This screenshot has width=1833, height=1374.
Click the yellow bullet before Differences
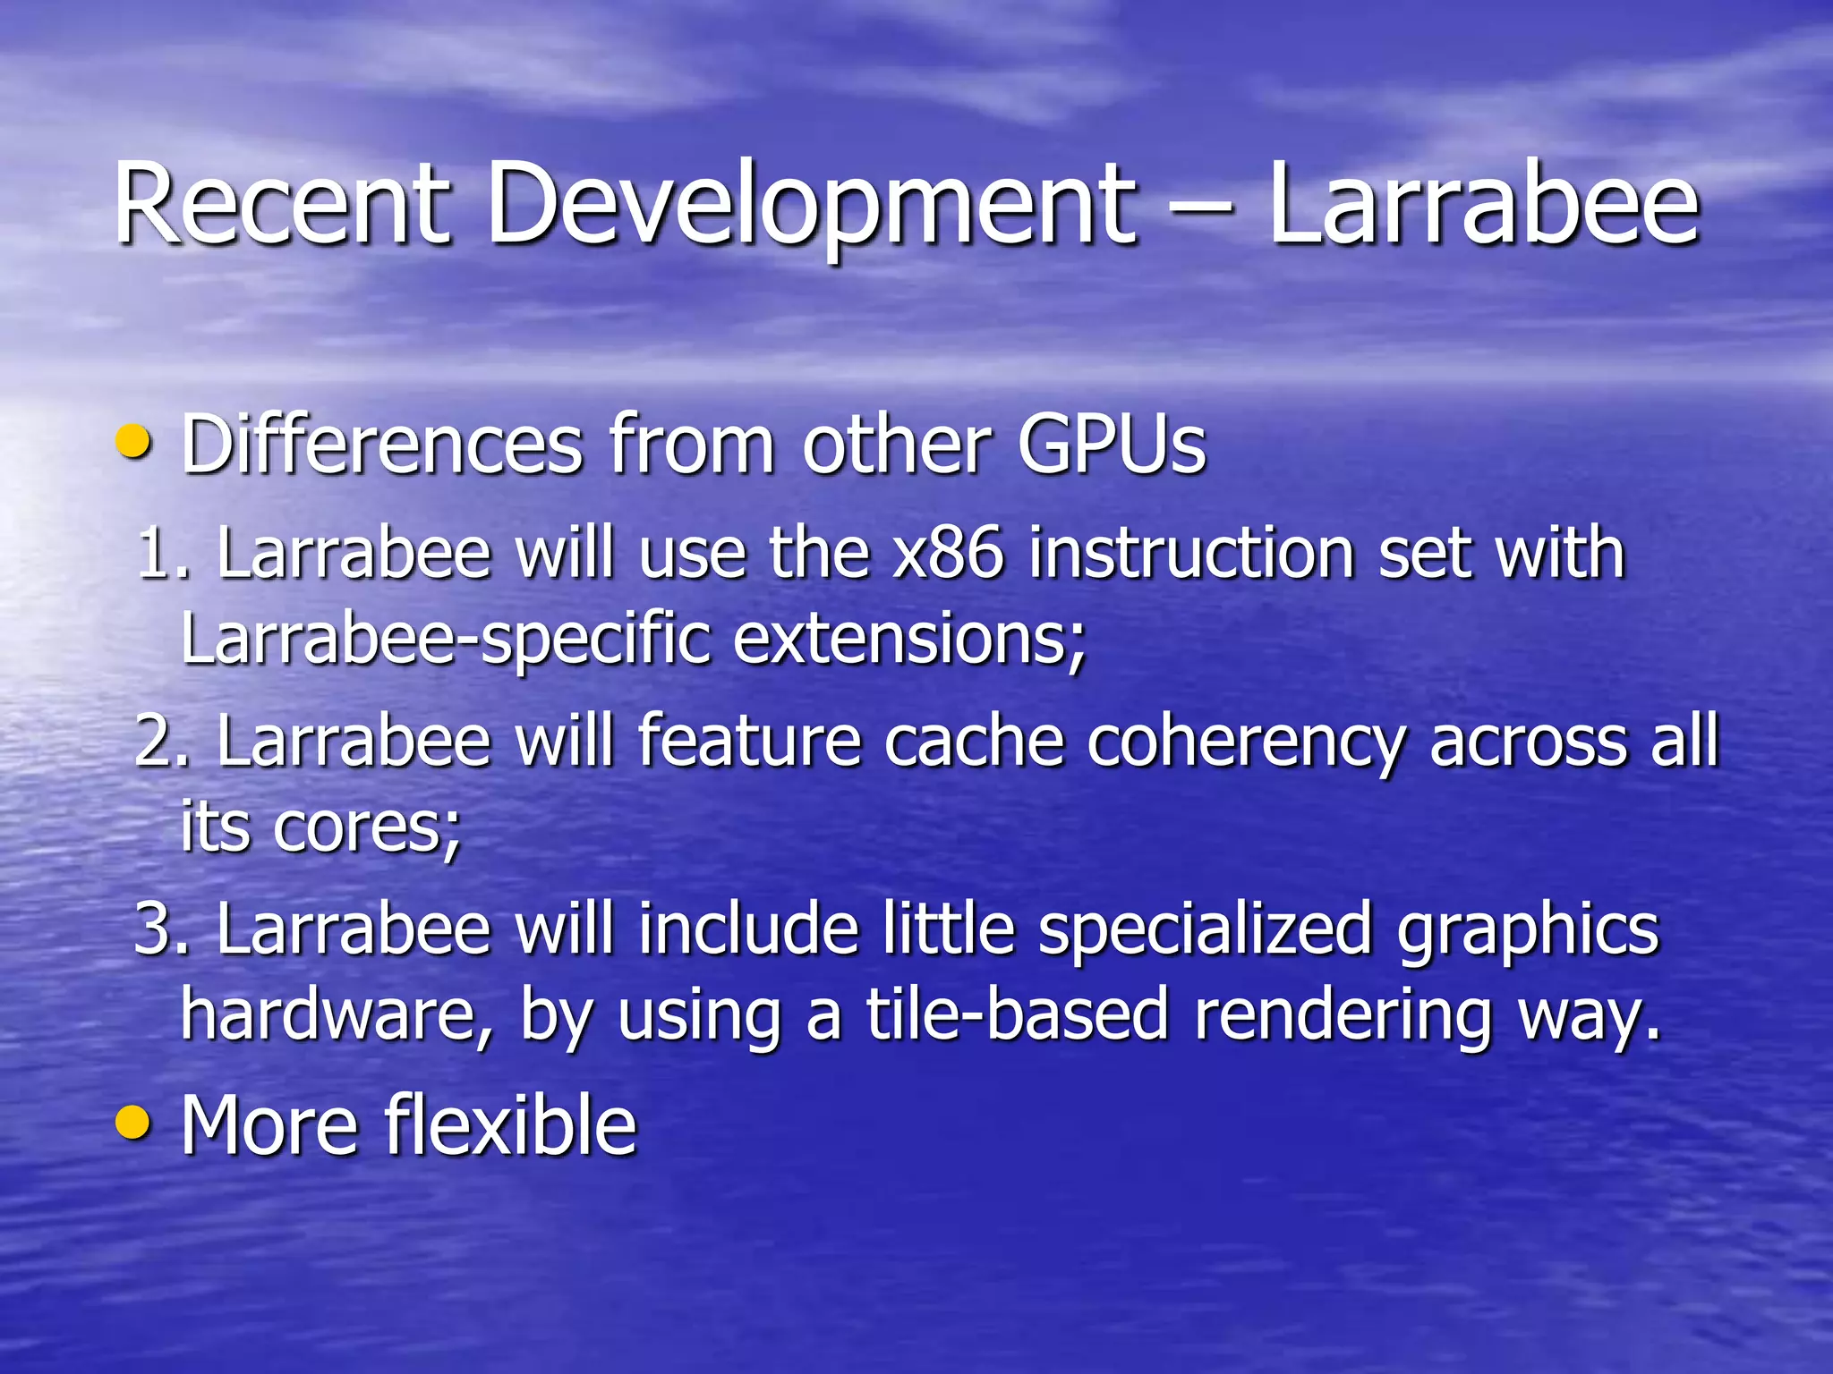pos(133,441)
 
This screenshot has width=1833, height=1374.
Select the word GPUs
pos(1111,444)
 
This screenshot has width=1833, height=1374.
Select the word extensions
pos(909,639)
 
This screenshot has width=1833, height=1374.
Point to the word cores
pos(367,827)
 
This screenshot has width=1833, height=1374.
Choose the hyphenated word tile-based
pos(1017,1014)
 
